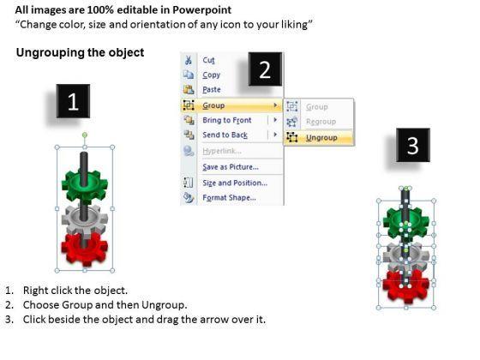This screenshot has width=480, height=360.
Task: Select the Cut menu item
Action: point(208,60)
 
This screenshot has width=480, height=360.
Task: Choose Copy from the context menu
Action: point(211,75)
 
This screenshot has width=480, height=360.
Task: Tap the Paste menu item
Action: point(212,89)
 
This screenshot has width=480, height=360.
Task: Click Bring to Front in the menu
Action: point(227,120)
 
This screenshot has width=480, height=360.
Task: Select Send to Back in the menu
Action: point(225,135)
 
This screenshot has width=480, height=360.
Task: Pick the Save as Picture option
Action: point(231,167)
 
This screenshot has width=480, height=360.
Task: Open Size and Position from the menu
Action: point(235,183)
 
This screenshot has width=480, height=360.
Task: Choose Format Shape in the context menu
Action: point(230,198)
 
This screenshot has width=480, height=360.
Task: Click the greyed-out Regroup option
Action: point(321,122)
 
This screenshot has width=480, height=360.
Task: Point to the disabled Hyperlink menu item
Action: point(222,151)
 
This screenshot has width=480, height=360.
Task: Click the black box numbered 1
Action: point(73,101)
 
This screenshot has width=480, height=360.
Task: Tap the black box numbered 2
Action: point(265,69)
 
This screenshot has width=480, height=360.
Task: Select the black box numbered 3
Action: point(413,145)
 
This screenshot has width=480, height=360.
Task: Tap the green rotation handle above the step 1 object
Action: point(85,135)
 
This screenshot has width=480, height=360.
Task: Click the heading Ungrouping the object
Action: point(80,52)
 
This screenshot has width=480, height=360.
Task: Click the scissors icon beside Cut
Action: point(189,60)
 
